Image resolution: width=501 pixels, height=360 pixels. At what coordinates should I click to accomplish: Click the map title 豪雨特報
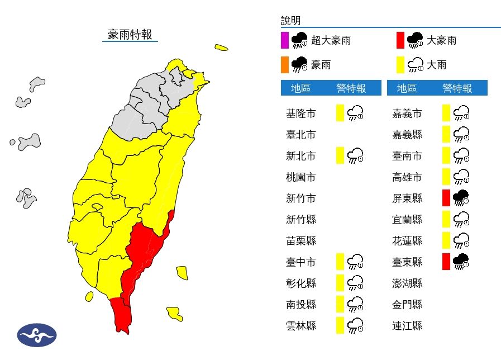pyautogui.click(x=130, y=34)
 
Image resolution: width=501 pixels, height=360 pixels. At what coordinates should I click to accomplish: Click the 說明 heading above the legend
pyautogui.click(x=290, y=21)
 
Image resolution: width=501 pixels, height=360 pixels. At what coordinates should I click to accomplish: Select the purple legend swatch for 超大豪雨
pyautogui.click(x=284, y=40)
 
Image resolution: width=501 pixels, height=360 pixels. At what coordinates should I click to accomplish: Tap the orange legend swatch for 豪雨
pyautogui.click(x=284, y=65)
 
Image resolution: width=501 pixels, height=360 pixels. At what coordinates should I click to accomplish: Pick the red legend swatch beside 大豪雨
pyautogui.click(x=400, y=40)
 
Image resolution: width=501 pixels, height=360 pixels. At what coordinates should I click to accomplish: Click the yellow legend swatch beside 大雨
pyautogui.click(x=400, y=65)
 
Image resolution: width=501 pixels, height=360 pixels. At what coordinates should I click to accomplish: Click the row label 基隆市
pyautogui.click(x=300, y=113)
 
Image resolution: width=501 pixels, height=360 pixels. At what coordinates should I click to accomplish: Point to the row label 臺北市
pyautogui.click(x=300, y=135)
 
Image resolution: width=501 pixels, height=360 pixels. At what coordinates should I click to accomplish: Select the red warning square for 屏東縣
pyautogui.click(x=446, y=198)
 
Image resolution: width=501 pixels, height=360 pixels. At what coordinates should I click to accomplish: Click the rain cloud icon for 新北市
pyautogui.click(x=355, y=155)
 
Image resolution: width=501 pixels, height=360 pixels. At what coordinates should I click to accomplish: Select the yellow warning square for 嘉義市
pyautogui.click(x=446, y=113)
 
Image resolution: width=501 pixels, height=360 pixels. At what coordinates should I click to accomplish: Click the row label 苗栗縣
pyautogui.click(x=300, y=240)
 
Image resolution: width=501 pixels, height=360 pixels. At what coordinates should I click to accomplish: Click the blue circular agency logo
pyautogui.click(x=37, y=335)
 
